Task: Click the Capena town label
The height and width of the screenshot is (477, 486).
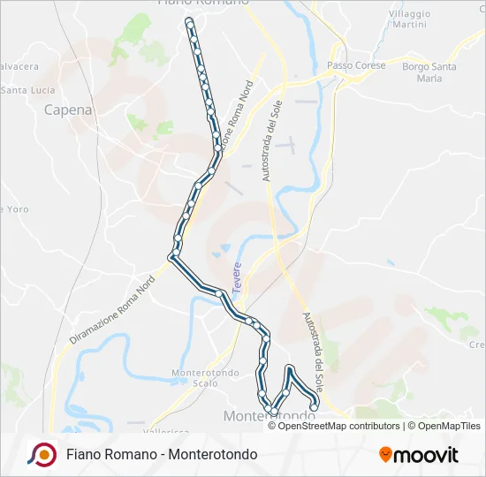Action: pos(68,110)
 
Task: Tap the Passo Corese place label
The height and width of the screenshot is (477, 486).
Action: pos(352,66)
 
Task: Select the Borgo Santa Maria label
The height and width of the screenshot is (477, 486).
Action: pos(429,72)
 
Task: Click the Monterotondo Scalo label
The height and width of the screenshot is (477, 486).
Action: pos(205,378)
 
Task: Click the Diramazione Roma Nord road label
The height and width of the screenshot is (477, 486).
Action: pos(112,309)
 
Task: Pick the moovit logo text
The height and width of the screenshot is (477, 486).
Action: pos(426,455)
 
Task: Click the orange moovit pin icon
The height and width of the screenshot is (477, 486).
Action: pos(385,455)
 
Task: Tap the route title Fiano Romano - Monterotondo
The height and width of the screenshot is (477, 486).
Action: pos(162,454)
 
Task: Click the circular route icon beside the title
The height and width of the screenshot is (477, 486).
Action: pos(42,454)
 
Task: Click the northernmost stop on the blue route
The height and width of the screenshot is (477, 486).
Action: pos(188,19)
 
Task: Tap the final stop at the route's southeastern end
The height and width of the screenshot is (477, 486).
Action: pos(315,406)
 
